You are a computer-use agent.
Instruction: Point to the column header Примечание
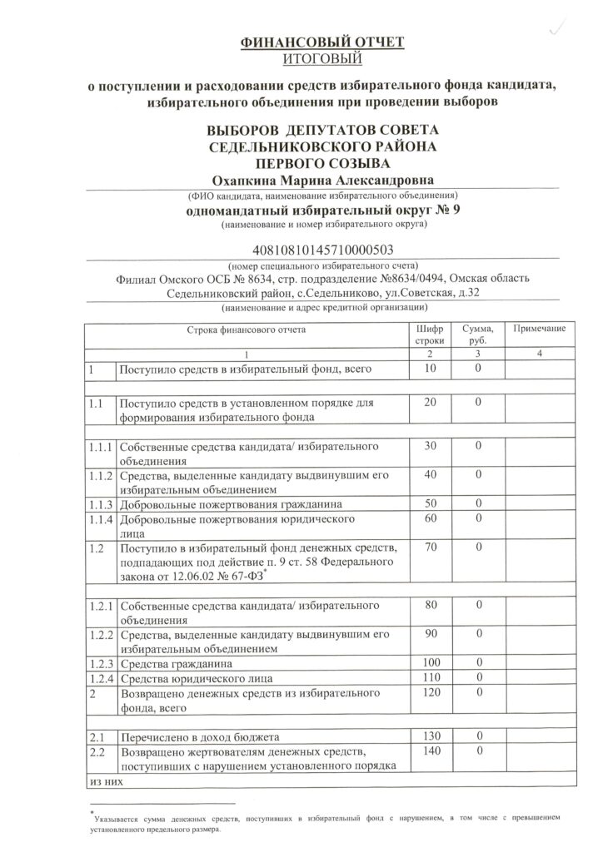539,329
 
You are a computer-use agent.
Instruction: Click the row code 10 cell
431,369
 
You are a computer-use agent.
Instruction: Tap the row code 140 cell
431,752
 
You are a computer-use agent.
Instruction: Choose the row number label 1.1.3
99,504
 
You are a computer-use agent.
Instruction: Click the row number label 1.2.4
99,679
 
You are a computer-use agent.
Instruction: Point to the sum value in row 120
479,692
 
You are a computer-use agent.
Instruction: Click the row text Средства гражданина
176,664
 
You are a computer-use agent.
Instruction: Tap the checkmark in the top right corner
551,30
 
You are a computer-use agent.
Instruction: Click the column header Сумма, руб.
479,335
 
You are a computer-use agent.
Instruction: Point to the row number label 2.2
97,752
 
